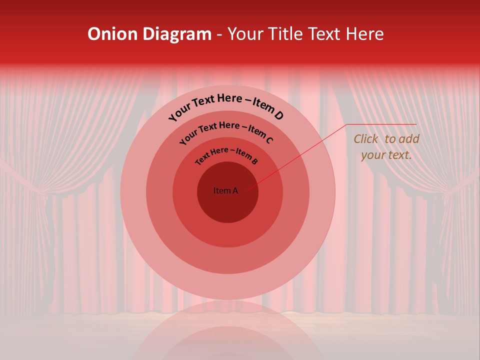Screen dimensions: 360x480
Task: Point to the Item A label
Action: [x=225, y=190]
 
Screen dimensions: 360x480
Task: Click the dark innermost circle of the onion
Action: [x=227, y=205]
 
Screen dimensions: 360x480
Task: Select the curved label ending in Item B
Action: [x=226, y=155]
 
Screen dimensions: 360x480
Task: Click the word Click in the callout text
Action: [x=366, y=139]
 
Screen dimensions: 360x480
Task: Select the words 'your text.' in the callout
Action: [x=386, y=155]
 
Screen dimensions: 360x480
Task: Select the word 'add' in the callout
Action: [x=409, y=139]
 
